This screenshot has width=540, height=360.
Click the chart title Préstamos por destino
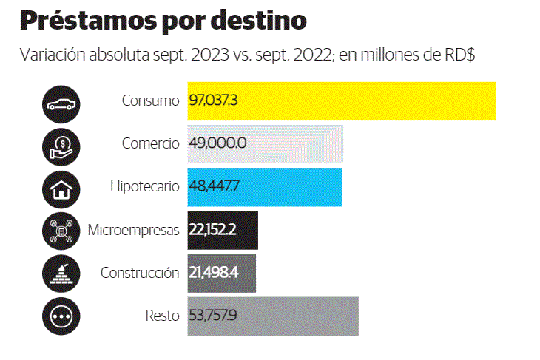[163, 21]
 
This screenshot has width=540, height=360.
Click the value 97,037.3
[213, 101]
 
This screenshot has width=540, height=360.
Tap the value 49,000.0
[217, 143]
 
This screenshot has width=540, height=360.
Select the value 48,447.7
[215, 186]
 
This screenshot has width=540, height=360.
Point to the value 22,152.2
[212, 230]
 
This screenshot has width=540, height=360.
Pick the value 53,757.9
[213, 316]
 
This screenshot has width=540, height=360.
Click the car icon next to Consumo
[61, 101]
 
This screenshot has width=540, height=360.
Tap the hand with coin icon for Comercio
[61, 144]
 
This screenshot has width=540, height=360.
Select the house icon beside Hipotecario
[61, 187]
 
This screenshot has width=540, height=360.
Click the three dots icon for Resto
[61, 316]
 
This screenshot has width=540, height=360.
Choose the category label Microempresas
[134, 230]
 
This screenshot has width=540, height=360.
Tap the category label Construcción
[140, 273]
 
